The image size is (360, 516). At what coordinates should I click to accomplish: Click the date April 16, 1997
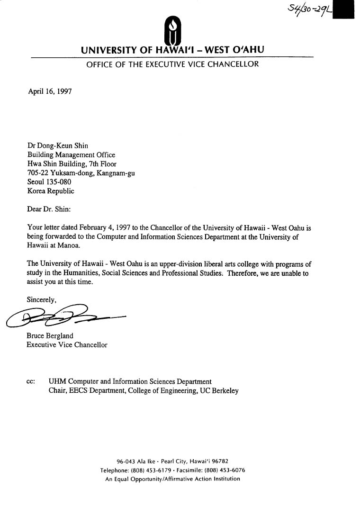click(x=50, y=91)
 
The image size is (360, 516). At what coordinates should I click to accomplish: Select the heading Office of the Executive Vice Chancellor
click(x=172, y=64)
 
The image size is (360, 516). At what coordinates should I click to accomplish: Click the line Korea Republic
click(x=50, y=191)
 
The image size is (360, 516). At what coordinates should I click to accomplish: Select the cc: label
click(x=31, y=381)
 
